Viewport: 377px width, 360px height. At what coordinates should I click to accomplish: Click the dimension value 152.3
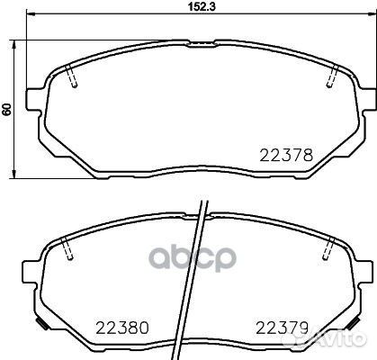(202, 6)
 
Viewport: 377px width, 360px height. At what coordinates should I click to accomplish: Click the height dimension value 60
(6, 109)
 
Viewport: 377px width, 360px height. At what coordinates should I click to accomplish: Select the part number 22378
(286, 156)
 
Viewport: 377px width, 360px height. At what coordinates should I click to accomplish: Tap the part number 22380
(122, 328)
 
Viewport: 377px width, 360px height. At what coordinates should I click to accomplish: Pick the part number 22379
(282, 328)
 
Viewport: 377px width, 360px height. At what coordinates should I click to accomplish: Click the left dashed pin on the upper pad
(71, 76)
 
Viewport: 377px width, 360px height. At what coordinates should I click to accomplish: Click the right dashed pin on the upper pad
(333, 76)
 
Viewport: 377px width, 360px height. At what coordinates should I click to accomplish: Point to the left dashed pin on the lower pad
(67, 248)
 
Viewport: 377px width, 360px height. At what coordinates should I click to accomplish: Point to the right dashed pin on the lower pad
(328, 248)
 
